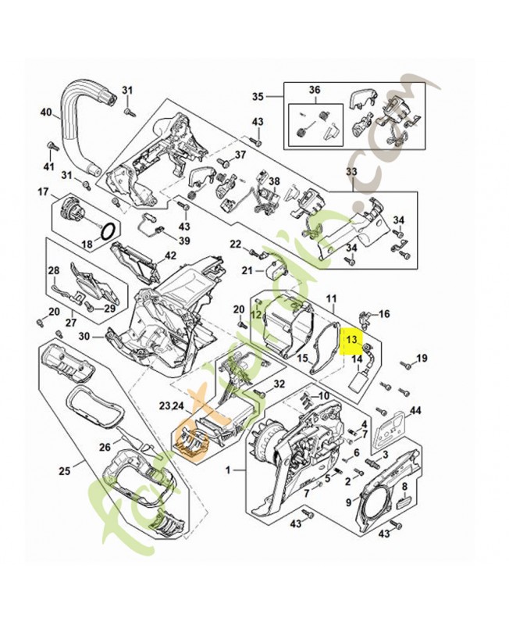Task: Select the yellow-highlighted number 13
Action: pyautogui.click(x=351, y=340)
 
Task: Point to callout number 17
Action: pyautogui.click(x=44, y=191)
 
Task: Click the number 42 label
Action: pyautogui.click(x=170, y=255)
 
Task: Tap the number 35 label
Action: pyautogui.click(x=258, y=96)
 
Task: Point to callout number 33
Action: pyautogui.click(x=351, y=171)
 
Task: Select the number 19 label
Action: pyautogui.click(x=422, y=359)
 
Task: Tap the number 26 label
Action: pyautogui.click(x=105, y=447)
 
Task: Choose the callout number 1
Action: pyautogui.click(x=228, y=471)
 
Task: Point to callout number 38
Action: pyautogui.click(x=273, y=181)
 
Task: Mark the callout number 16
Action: pyautogui.click(x=383, y=314)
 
